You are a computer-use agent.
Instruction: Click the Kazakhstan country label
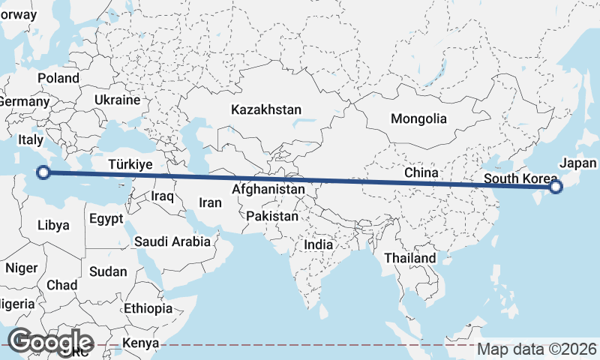266,109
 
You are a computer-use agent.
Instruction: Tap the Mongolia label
418,118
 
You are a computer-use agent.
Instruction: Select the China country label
421,172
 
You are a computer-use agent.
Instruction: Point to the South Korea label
520,178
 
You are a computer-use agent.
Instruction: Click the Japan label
578,163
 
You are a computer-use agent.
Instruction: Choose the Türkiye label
130,164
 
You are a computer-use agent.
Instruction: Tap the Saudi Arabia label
172,241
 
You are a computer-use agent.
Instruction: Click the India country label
318,244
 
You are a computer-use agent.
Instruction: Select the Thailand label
410,258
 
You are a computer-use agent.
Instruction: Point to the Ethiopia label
148,308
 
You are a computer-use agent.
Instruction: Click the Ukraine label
118,100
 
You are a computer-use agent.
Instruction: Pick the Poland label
58,78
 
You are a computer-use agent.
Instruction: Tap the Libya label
53,225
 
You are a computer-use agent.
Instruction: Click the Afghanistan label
268,190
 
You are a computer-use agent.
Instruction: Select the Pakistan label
272,217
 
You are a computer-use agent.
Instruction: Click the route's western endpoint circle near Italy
43,172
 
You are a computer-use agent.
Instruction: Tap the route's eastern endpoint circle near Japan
555,187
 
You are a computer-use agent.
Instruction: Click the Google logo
51,341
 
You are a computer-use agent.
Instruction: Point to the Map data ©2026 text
537,349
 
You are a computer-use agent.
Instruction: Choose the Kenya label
142,343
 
